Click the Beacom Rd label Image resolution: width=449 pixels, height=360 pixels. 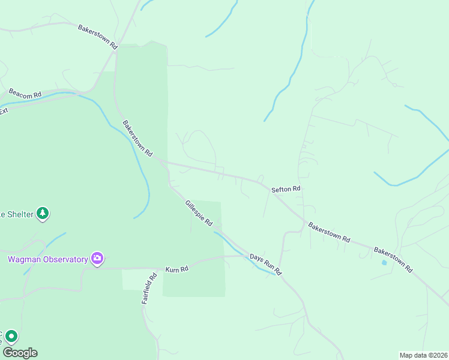25,95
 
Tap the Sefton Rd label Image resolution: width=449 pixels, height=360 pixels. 286,189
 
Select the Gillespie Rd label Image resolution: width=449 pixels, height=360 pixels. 199,213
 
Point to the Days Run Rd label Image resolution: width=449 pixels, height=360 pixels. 266,264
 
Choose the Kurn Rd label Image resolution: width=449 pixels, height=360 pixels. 176,269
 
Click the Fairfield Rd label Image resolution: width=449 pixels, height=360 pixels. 149,289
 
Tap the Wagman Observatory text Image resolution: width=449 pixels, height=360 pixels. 47,260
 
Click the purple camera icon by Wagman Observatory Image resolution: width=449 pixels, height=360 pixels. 97,259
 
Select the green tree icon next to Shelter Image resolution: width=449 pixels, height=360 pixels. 42,213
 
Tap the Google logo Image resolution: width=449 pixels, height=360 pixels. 20,353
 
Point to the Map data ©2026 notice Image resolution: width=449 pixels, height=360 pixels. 423,355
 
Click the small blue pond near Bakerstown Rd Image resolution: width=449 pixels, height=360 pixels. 384,262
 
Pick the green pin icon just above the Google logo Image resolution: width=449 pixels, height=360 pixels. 11,337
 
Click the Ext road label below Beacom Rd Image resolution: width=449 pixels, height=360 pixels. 4,111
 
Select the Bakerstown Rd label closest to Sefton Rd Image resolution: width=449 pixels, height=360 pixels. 329,232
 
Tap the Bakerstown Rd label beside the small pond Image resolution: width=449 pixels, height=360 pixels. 394,259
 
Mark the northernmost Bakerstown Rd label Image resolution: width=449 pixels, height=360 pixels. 98,36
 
